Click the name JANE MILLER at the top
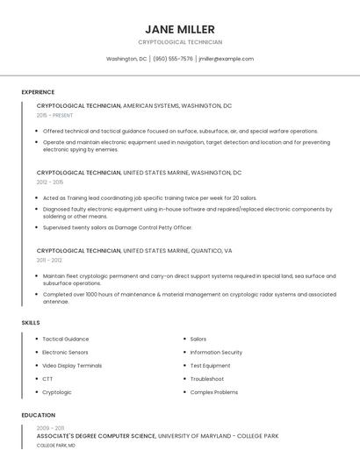coord(180,29)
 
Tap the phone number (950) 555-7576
coord(173,59)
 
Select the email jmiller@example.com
coord(226,59)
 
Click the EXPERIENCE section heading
coord(38,92)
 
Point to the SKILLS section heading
coord(30,323)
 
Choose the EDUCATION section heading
coord(38,415)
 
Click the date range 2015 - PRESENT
coord(54,115)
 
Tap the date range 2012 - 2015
coord(50,182)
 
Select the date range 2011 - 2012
coord(49,260)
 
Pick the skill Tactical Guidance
coord(65,339)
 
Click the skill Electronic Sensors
coord(66,352)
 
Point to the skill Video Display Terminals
coord(72,365)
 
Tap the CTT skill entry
coord(47,379)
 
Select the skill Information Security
coord(216,352)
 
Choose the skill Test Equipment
coord(210,365)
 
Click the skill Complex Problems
coord(213,392)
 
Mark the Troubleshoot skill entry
coord(206,379)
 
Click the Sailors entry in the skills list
coord(198,339)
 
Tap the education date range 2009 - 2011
coord(50,427)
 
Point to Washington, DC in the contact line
coord(126,59)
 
